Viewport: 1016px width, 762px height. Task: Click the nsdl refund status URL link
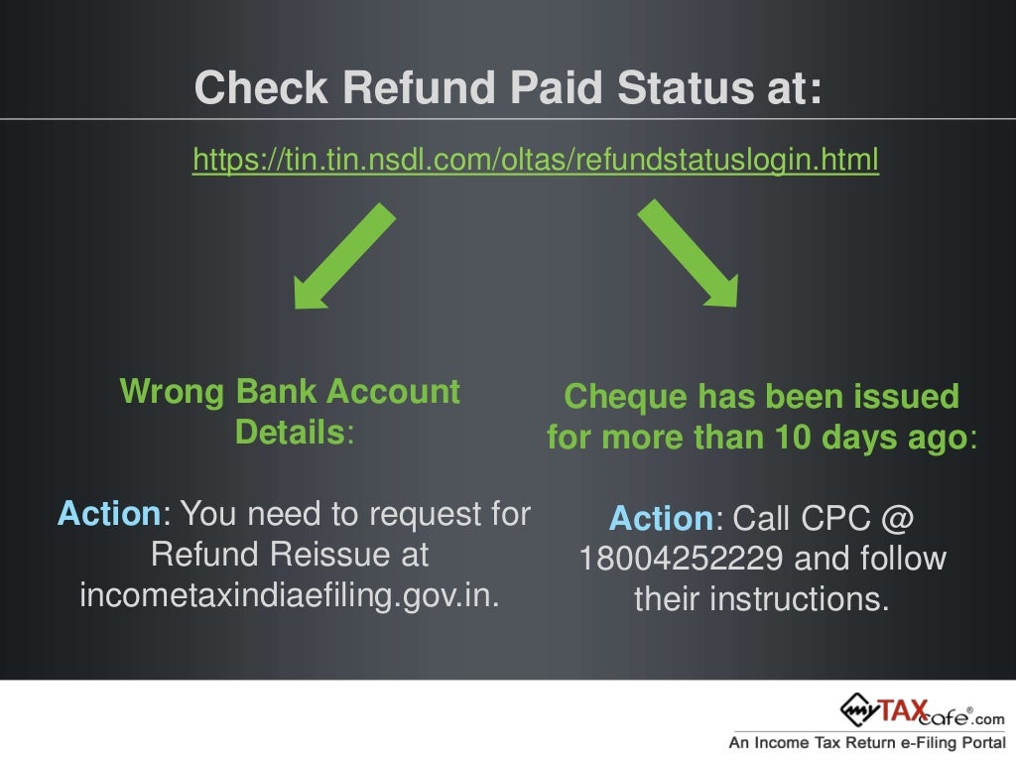536,160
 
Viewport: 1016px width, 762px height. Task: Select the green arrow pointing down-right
689,254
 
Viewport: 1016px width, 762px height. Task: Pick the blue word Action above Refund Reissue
109,513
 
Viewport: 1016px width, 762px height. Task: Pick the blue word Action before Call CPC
661,518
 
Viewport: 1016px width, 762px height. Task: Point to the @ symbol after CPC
896,518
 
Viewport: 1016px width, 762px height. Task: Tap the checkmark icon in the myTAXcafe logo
856,709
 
